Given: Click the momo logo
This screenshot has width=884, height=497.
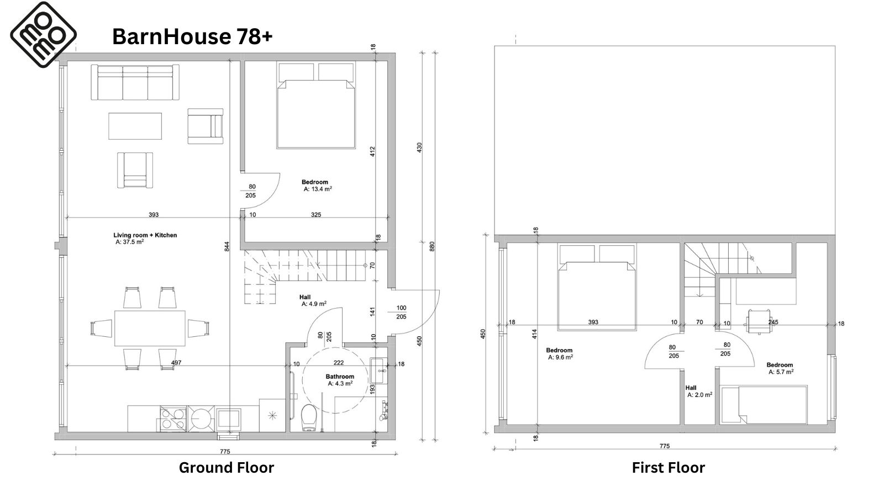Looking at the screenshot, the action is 44,34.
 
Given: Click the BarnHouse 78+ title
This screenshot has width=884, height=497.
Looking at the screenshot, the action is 192,36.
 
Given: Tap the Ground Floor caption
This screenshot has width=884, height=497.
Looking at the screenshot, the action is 226,467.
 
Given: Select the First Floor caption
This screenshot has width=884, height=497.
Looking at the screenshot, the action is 668,467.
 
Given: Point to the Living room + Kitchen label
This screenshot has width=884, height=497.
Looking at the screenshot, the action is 145,235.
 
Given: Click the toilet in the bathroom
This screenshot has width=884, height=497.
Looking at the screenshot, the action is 308,417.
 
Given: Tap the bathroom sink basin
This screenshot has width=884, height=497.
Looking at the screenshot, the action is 378,371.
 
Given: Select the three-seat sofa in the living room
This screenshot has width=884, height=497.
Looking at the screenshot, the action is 135,82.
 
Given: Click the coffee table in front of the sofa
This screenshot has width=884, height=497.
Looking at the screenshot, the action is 135,126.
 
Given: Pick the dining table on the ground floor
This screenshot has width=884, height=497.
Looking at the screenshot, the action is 150,328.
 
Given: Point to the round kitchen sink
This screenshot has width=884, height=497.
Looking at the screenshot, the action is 201,419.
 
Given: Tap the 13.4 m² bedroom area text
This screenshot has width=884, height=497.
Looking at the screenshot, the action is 318,189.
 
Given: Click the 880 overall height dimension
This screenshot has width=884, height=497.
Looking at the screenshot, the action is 432,246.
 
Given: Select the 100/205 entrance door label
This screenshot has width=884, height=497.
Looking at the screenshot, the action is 401,312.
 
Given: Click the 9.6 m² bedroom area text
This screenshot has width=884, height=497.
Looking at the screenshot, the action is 560,357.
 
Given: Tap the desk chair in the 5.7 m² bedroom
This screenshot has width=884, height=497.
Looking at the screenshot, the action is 759,321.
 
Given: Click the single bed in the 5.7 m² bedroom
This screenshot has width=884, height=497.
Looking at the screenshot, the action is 763,405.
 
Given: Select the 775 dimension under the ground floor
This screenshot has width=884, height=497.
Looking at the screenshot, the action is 224,451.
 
